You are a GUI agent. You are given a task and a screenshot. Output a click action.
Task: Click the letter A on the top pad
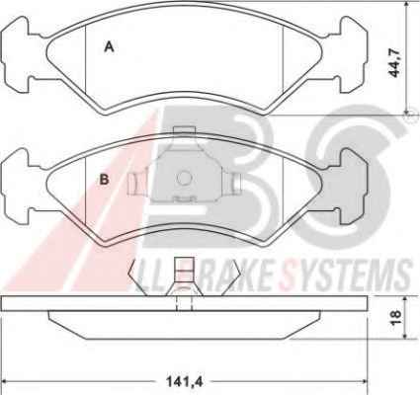click(109, 46)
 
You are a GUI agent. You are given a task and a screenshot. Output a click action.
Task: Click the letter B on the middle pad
click(104, 180)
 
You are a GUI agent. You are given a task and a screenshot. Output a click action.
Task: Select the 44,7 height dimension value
click(394, 62)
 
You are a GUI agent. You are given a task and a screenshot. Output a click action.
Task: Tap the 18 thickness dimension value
click(395, 317)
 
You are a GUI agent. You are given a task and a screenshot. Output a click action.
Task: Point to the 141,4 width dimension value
click(185, 382)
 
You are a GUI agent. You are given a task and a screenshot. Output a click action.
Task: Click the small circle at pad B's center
click(184, 178)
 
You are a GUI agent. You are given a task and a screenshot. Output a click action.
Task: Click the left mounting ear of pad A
click(16, 54)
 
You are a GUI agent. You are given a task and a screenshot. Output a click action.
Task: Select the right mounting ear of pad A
click(354, 54)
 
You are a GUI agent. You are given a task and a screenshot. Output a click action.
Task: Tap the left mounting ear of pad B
click(16, 187)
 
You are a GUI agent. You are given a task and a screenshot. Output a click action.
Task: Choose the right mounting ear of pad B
click(354, 187)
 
